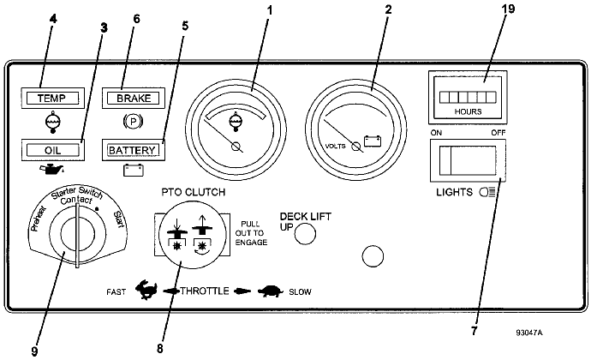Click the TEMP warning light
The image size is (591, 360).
tap(53, 98)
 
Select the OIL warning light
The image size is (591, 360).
tap(53, 150)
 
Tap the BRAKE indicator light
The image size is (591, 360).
tap(134, 98)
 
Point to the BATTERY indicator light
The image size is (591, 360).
tap(134, 150)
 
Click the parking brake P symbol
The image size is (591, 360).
tap(133, 122)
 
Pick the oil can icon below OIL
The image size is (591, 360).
tap(52, 170)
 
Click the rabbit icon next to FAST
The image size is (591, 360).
tap(146, 290)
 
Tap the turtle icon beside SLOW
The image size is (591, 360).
tap(271, 291)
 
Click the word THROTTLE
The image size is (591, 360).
tap(205, 291)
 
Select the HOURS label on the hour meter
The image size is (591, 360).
tap(468, 111)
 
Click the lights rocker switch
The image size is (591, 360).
tap(468, 160)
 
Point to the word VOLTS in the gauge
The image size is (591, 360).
tap(336, 146)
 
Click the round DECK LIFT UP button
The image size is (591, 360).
tap(305, 234)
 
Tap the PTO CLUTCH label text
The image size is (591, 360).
tap(194, 192)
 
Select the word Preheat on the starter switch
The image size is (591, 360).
tap(38, 219)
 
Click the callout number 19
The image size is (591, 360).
tap(508, 9)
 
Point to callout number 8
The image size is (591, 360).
tap(160, 349)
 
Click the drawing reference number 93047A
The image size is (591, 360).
tap(529, 333)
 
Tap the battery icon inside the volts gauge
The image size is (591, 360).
tap(373, 141)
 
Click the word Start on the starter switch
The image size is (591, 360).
tap(119, 219)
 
